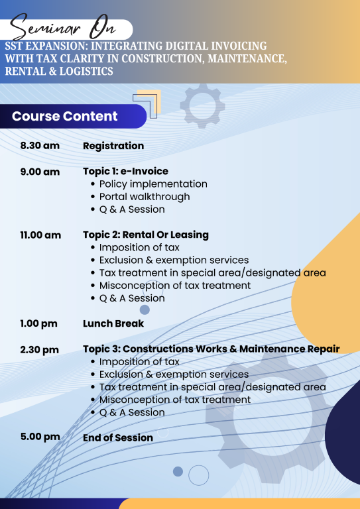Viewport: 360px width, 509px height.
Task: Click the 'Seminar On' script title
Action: coord(63,28)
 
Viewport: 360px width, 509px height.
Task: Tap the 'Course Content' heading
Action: coord(64,116)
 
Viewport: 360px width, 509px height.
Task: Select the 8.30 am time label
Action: coord(40,145)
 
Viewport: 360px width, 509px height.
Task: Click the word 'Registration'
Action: coord(113,146)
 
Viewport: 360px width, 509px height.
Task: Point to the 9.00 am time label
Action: coord(40,172)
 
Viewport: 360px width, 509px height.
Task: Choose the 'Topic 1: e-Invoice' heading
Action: coord(125,171)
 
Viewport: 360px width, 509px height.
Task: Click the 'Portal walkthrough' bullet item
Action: coord(145,197)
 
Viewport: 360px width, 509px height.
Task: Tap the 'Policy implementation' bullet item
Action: coord(153,184)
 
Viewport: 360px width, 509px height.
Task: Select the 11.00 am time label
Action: coord(40,235)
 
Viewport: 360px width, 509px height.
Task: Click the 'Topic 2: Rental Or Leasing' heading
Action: coord(146,235)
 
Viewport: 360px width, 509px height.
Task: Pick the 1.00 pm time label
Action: coord(38,323)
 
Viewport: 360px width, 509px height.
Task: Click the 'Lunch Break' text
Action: coord(113,323)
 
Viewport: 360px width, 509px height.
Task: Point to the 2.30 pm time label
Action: coord(40,350)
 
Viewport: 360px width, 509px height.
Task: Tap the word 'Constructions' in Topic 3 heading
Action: coord(158,349)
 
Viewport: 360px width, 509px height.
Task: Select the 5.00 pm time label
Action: coord(40,437)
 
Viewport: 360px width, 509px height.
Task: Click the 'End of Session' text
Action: coord(118,437)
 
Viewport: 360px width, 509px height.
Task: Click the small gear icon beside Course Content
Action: coord(203,106)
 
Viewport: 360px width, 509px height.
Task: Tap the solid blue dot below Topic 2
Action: coord(145,310)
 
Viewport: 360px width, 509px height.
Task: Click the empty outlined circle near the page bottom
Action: coord(189,475)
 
